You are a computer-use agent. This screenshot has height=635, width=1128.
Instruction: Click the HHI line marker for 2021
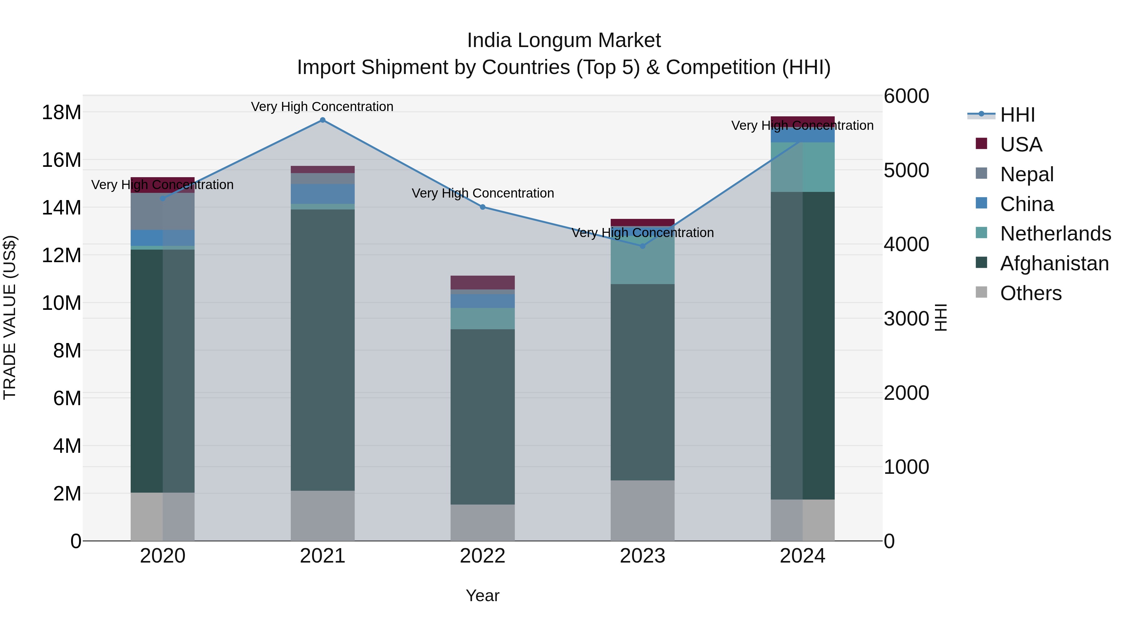(x=322, y=120)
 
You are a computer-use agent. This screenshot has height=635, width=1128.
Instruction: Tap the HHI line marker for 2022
(x=483, y=207)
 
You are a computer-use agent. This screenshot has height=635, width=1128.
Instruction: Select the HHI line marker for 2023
(x=642, y=246)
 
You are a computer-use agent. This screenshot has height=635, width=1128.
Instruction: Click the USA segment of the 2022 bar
(x=483, y=283)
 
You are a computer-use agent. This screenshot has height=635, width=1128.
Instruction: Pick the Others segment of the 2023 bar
(x=642, y=511)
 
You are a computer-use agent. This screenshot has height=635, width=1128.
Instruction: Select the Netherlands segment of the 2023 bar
(x=642, y=259)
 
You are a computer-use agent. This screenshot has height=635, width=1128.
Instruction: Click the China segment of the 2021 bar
(x=322, y=194)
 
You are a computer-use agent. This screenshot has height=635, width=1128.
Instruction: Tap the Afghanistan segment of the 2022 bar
(x=483, y=416)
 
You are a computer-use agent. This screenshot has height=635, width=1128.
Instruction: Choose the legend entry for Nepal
(x=1026, y=174)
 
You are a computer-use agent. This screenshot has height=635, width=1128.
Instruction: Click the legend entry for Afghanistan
(x=1054, y=264)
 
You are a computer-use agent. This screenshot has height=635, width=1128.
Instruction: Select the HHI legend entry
(x=1017, y=115)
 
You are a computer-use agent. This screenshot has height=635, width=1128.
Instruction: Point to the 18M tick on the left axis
(x=61, y=113)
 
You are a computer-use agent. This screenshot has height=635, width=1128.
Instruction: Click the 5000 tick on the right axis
(x=906, y=171)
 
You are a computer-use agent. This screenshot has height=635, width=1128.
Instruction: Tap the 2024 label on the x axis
(x=802, y=556)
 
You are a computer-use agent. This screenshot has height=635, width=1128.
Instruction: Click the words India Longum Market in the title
(x=564, y=41)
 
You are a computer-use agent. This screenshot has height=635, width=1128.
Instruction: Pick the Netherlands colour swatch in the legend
(x=981, y=233)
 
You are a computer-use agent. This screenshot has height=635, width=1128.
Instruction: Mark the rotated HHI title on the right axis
(x=941, y=317)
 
